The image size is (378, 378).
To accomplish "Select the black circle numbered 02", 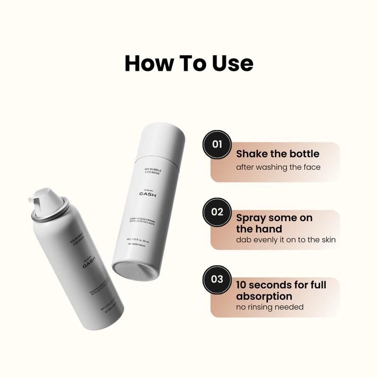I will [217, 212].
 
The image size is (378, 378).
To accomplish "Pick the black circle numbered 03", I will [217, 279].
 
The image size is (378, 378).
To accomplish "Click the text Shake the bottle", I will [278, 154].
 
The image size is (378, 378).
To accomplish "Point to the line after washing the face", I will [278, 167].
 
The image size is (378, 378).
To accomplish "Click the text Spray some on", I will [274, 218].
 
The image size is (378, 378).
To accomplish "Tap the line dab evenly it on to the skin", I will [286, 240].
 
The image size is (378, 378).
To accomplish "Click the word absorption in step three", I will [264, 296].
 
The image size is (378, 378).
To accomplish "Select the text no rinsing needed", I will [270, 307].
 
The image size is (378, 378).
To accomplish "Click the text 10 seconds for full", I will [281, 285].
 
